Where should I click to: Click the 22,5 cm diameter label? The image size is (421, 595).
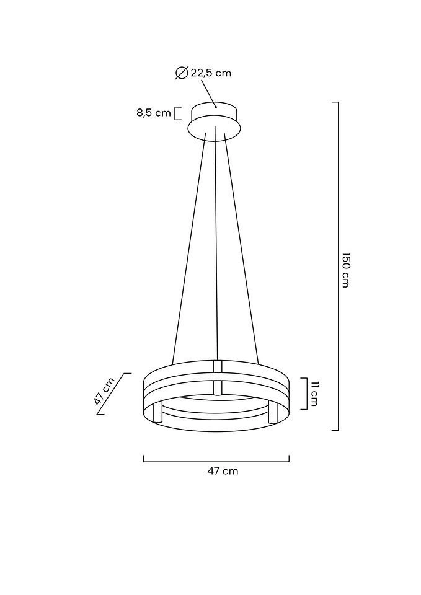[x=211, y=73]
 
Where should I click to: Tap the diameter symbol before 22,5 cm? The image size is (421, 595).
[x=182, y=73]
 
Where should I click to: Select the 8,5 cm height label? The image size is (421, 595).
[x=154, y=113]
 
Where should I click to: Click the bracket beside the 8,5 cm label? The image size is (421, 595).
[x=177, y=113]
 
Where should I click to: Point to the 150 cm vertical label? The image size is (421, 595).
[x=345, y=270]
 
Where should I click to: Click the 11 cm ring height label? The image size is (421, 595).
[x=314, y=394]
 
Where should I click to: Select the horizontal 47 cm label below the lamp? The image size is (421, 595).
[x=223, y=471]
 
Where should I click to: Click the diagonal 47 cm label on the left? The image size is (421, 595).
[x=104, y=392]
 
